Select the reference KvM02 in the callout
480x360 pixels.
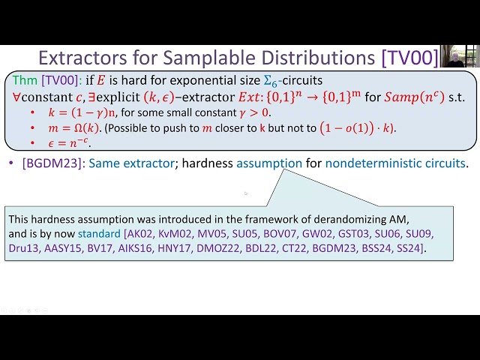pos(174,233)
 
